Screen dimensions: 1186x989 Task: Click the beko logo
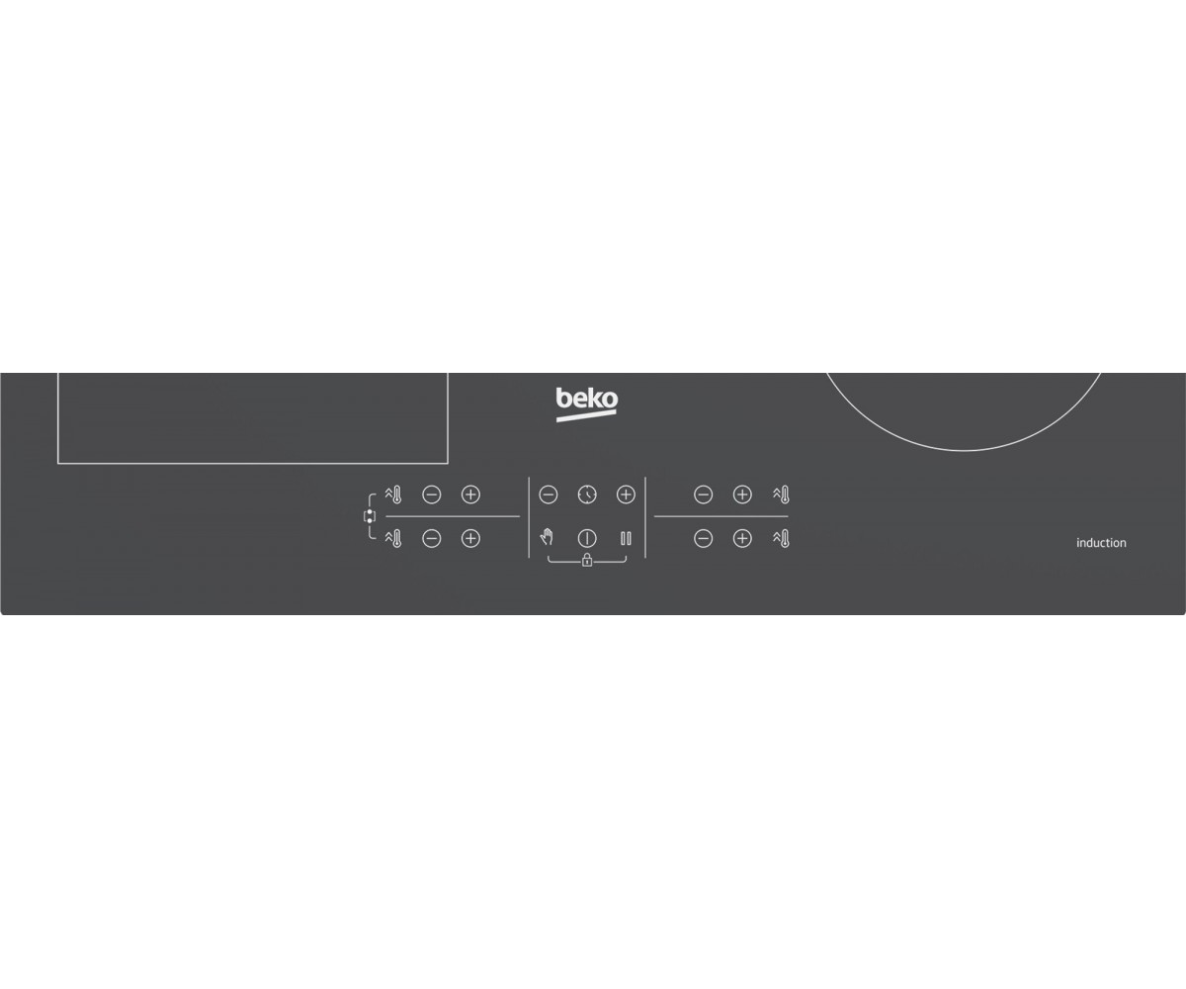tap(587, 405)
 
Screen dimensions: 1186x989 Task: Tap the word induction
tap(1101, 543)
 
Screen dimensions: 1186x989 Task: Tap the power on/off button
tap(587, 538)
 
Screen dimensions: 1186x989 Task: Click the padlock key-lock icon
tap(587, 561)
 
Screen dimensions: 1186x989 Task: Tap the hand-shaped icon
tap(547, 537)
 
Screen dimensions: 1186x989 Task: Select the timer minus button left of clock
tap(549, 494)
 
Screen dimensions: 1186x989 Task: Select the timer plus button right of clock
tap(626, 494)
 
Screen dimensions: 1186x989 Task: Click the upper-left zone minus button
tap(432, 494)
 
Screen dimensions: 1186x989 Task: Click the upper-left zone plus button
tap(470, 494)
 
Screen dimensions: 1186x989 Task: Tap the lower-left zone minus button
tap(432, 538)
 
